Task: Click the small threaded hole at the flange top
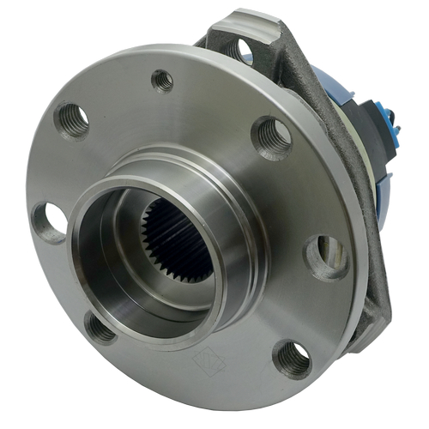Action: coord(162,81)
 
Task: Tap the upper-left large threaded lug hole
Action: coord(72,119)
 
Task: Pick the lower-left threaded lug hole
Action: coord(100,326)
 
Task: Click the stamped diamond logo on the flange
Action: coord(208,360)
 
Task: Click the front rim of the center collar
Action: coord(94,257)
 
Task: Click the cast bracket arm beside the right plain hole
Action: coord(360,257)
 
